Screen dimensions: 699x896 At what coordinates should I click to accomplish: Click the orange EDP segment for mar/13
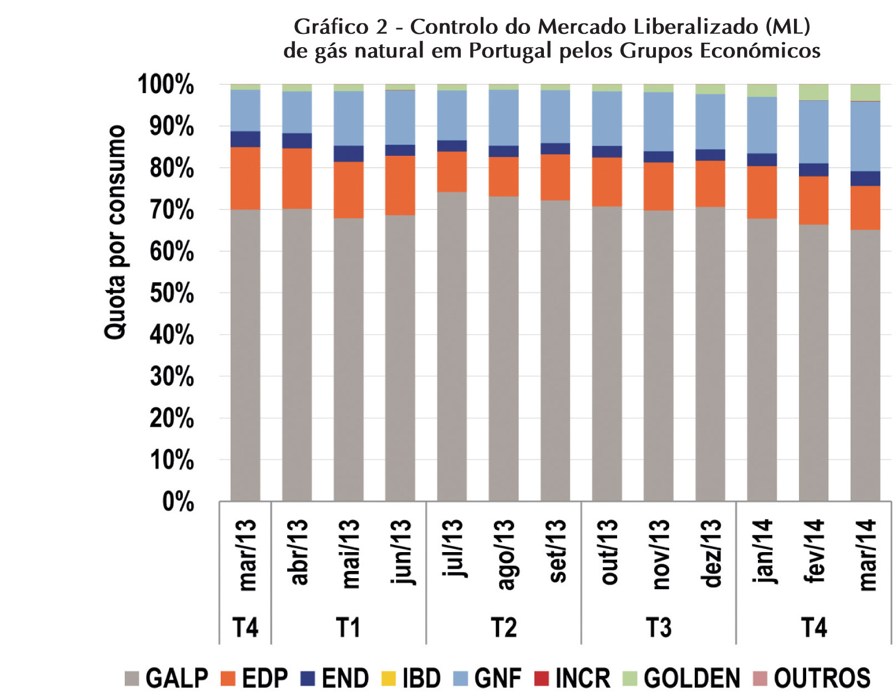pos(245,178)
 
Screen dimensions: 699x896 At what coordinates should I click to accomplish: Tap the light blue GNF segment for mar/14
pos(865,136)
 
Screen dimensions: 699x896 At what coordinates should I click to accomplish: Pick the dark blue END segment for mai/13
pos(348,154)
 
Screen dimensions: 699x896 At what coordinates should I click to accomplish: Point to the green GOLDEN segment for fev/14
pos(813,92)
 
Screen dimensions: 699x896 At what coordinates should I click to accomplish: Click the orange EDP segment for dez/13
pos(710,183)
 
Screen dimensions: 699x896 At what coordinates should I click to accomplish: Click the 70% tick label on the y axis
pos(172,210)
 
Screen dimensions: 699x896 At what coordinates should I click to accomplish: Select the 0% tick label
pos(178,502)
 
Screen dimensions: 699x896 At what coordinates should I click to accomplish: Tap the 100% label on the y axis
pos(166,85)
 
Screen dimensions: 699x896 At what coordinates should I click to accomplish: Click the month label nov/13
pos(659,554)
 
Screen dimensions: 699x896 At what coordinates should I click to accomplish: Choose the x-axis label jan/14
pos(763,552)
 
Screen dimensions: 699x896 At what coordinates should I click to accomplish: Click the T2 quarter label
pos(503,628)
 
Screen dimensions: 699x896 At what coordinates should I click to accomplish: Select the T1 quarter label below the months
pos(348,628)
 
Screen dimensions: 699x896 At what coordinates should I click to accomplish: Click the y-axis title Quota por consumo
pos(115,233)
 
